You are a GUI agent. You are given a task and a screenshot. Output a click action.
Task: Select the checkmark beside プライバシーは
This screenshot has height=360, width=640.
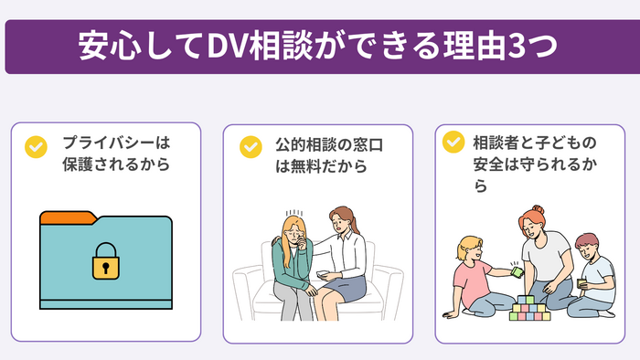click(x=36, y=145)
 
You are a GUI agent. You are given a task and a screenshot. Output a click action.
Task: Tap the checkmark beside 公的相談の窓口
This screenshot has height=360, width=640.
click(x=250, y=145)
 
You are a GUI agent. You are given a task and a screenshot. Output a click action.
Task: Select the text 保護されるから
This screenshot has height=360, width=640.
click(x=116, y=166)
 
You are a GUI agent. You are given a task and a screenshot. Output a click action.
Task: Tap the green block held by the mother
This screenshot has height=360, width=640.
click(x=517, y=270)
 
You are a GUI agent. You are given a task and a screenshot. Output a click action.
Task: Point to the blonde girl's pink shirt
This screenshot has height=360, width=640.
click(x=473, y=278)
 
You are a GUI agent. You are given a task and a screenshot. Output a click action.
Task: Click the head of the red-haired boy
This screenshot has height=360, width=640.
click(x=586, y=245)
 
